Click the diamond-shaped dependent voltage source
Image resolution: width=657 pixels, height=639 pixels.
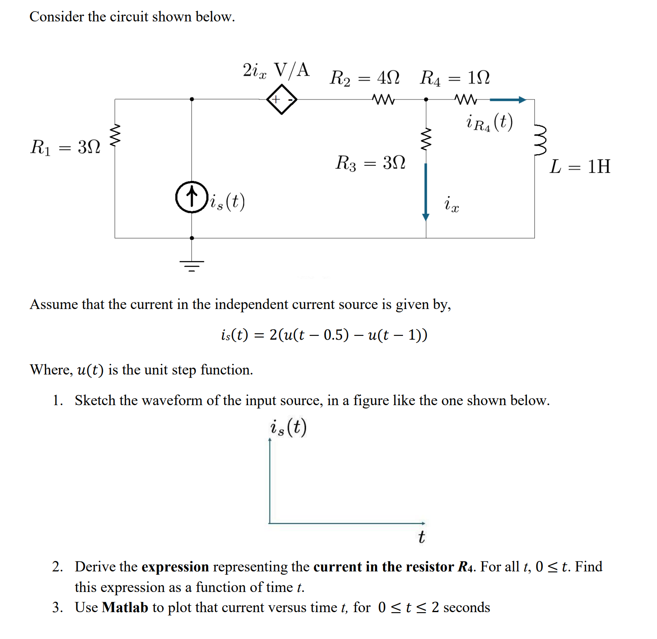point(282,100)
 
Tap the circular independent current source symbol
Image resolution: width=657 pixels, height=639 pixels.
point(192,197)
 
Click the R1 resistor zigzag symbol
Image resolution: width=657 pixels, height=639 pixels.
point(115,136)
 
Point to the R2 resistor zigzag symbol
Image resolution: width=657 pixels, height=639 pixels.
point(383,100)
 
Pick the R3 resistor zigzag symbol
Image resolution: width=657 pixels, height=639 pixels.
point(426,139)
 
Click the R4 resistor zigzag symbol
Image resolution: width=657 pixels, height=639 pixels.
point(466,100)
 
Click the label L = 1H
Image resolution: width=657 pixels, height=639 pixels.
point(580,167)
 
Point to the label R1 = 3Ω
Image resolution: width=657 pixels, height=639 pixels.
point(65,147)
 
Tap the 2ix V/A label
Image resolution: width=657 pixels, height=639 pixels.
point(276,70)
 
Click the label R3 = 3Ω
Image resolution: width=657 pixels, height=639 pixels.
point(370,162)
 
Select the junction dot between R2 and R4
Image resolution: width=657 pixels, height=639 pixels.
point(426,100)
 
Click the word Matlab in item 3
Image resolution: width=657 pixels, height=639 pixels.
point(125,607)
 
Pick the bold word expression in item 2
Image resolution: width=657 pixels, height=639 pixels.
point(175,567)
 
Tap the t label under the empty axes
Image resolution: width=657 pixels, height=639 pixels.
point(421,537)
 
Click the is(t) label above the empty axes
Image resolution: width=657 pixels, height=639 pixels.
point(288,427)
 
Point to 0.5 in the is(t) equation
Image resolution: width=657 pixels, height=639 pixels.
point(336,335)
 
